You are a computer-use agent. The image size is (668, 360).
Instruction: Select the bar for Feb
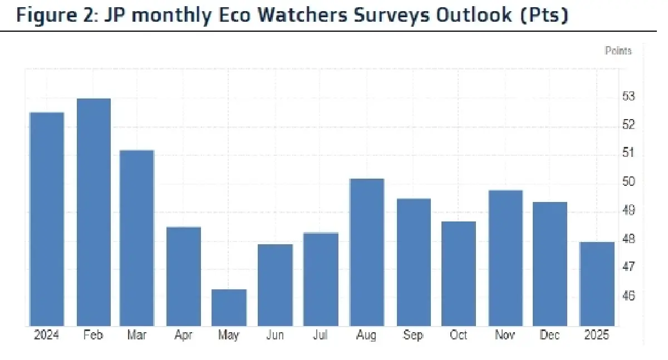tap(94, 212)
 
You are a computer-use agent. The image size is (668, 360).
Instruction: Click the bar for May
tap(229, 308)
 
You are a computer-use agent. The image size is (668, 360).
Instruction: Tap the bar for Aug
tap(366, 252)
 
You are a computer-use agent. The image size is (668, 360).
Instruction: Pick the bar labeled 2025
tap(597, 284)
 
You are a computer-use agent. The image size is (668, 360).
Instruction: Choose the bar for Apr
tap(183, 277)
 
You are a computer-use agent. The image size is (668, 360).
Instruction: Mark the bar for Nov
tap(505, 258)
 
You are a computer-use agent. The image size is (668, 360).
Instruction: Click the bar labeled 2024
tap(47, 219)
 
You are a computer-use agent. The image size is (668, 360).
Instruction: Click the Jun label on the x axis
tap(274, 336)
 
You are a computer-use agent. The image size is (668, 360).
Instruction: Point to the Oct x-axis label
tap(459, 336)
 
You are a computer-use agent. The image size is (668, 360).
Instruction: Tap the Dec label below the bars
tap(551, 336)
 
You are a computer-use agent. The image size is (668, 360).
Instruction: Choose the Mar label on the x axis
tap(137, 336)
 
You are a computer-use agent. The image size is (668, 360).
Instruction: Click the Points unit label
tap(618, 51)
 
